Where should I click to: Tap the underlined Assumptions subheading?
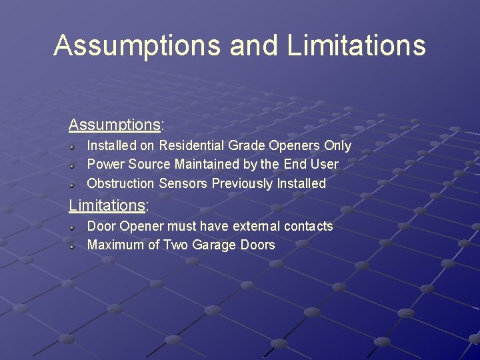(x=114, y=125)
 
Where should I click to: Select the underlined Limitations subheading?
(x=107, y=205)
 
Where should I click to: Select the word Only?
(x=337, y=145)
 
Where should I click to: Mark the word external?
(x=257, y=226)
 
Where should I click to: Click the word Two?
(x=176, y=245)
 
